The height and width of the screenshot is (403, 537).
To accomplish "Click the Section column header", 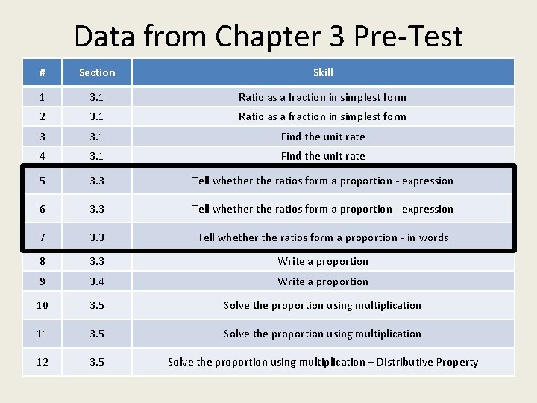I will pyautogui.click(x=97, y=72).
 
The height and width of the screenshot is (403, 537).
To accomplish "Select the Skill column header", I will pyautogui.click(x=323, y=72).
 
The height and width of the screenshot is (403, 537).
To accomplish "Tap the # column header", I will pyautogui.click(x=43, y=72).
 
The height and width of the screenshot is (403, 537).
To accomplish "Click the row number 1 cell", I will pyautogui.click(x=43, y=97).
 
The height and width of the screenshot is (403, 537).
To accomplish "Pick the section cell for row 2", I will pyautogui.click(x=97, y=116).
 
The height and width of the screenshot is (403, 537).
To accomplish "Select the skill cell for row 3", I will pyautogui.click(x=323, y=137).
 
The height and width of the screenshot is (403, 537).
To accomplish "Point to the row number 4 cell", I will pyautogui.click(x=43, y=156).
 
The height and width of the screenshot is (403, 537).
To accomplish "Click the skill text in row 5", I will pyautogui.click(x=323, y=181).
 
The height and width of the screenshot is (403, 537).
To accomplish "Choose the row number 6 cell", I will pyautogui.click(x=43, y=209).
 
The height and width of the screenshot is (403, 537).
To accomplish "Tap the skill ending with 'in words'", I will pyautogui.click(x=323, y=237).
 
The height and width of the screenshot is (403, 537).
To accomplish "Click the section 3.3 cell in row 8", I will pyautogui.click(x=97, y=261).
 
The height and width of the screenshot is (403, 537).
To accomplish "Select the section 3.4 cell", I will pyautogui.click(x=97, y=281).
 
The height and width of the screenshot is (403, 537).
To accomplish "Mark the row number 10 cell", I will pyautogui.click(x=43, y=305).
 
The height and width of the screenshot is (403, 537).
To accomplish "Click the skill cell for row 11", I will pyautogui.click(x=323, y=334).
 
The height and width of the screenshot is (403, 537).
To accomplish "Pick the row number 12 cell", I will pyautogui.click(x=43, y=362).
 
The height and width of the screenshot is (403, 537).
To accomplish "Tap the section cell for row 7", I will pyautogui.click(x=97, y=237).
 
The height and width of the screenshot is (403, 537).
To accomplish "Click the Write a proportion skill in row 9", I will pyautogui.click(x=323, y=281).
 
